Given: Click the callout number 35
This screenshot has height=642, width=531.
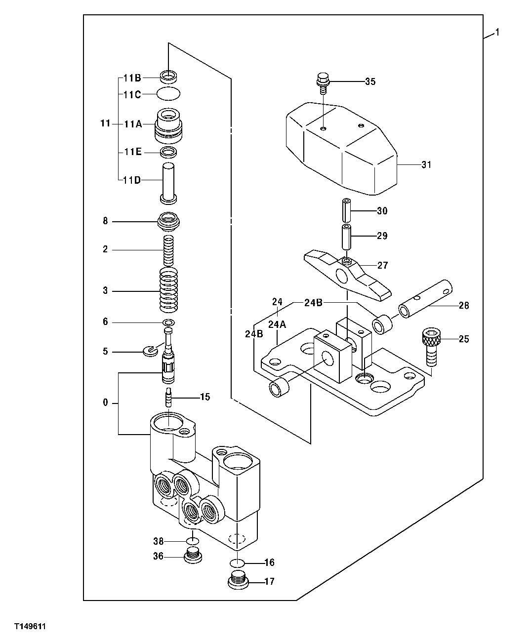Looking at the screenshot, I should tap(370, 81).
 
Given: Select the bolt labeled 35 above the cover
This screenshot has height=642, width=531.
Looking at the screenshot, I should tap(323, 82).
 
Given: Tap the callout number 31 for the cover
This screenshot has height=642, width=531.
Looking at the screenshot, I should tap(426, 164).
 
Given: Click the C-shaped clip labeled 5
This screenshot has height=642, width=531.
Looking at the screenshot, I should tap(149, 352).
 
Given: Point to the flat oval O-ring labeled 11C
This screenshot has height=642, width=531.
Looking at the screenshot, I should tap(168, 93).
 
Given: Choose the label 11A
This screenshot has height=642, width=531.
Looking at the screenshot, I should tap(132, 124).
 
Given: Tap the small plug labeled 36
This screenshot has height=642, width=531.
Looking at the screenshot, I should tap(193, 556).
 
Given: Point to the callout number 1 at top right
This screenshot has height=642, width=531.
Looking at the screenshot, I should tap(497, 33).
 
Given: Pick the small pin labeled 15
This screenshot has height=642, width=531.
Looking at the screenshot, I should tap(169, 397).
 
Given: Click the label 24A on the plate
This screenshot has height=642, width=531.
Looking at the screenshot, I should tap(277, 324).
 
